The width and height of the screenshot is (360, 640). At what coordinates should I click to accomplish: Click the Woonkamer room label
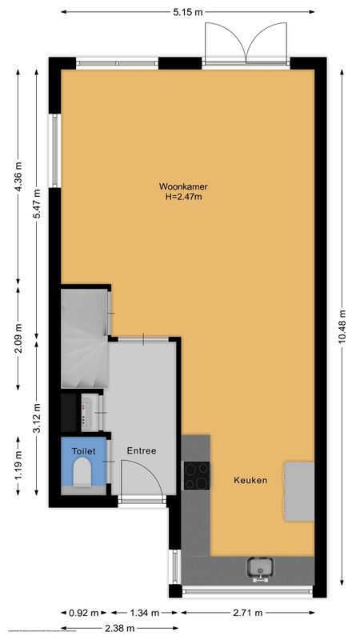182,186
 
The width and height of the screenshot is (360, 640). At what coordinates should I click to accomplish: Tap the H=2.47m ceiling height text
182,197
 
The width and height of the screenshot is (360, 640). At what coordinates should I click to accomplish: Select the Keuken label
250,480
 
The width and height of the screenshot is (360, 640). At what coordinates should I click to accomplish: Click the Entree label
141,450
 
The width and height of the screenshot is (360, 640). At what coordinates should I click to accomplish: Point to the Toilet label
83,451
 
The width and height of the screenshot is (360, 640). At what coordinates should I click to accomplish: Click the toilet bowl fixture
82,476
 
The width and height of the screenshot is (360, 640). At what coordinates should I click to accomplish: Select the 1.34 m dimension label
141,613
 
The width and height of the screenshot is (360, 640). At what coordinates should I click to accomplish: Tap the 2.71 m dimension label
246,613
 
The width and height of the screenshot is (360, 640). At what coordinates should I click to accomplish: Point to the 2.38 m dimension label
114,629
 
